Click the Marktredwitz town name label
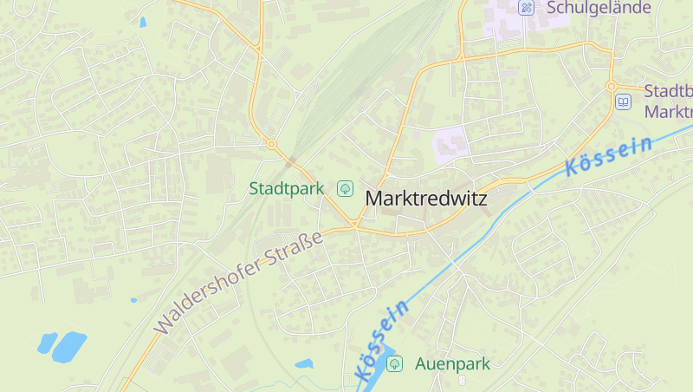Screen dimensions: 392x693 point(426,199)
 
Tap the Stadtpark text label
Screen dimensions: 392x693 point(286,188)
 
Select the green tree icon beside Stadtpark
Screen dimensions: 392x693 point(345,187)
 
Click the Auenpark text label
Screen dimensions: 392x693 point(452,364)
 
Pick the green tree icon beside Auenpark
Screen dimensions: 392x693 point(394,363)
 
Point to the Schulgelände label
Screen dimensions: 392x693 point(599,8)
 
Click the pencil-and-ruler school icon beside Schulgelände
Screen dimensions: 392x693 point(525,8)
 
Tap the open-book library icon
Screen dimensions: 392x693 point(623,102)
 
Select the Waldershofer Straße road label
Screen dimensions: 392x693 point(237,281)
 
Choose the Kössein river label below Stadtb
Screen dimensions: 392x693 point(608,157)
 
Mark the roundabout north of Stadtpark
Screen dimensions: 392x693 point(271,144)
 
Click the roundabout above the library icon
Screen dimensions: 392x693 point(612,86)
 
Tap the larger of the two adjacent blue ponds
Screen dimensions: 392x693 point(68,347)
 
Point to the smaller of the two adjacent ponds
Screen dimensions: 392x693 point(47,343)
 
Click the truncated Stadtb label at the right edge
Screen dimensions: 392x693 point(669,92)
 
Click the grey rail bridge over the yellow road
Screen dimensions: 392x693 point(291,160)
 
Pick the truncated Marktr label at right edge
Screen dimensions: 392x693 point(669,111)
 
